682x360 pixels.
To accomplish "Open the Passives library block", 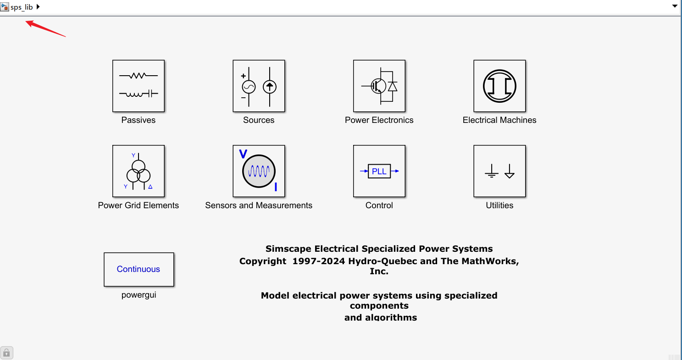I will pos(138,86).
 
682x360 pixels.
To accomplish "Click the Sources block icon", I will pos(259,86).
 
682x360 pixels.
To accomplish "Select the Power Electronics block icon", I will pos(379,86).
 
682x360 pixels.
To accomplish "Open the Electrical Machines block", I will pos(499,86).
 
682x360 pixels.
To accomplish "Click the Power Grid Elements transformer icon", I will pos(138,172).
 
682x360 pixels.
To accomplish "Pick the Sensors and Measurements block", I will pos(259,171).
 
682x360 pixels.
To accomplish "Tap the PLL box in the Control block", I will pos(379,171).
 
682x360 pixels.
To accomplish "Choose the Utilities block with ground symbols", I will pos(499,171).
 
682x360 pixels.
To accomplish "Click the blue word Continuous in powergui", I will pos(139,269).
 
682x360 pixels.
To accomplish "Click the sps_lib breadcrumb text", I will pos(22,7).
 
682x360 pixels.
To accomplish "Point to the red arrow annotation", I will pos(45,28).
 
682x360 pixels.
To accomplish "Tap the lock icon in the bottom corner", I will pos(7,353).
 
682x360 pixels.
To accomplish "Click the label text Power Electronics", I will pos(379,120).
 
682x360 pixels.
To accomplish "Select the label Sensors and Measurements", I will pos(259,205).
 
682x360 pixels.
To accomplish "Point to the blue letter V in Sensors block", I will pos(243,154).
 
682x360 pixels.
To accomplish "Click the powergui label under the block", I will pos(139,295).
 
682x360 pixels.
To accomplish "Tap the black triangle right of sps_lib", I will pos(38,7).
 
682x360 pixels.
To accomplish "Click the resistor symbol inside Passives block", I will pos(138,75).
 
